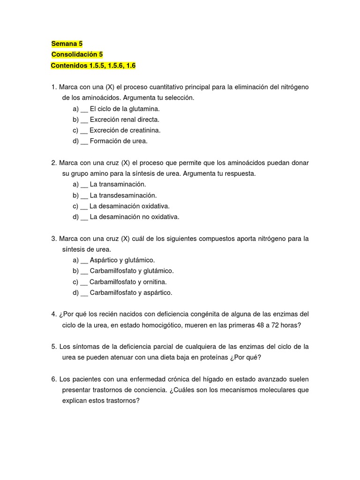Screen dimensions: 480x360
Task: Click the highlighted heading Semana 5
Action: (67, 44)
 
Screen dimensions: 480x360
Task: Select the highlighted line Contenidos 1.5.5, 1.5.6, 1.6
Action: (93, 66)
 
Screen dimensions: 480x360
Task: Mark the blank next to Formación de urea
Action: (84, 141)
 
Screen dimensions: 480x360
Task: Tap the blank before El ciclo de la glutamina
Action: (84, 109)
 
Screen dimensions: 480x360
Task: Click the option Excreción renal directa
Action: (124, 120)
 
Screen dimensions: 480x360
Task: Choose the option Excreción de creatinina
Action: (125, 130)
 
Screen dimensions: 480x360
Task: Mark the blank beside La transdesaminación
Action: (84, 195)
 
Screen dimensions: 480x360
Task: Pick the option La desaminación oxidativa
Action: (129, 206)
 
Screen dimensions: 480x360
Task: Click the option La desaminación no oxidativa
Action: (135, 217)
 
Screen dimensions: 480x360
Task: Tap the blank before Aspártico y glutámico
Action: (84, 260)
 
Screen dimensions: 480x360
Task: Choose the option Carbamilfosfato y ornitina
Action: (128, 282)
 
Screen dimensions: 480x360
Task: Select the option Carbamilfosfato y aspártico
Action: (131, 292)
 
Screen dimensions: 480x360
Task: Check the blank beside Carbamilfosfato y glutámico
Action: (84, 271)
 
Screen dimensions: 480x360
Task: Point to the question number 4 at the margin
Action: (53, 314)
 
